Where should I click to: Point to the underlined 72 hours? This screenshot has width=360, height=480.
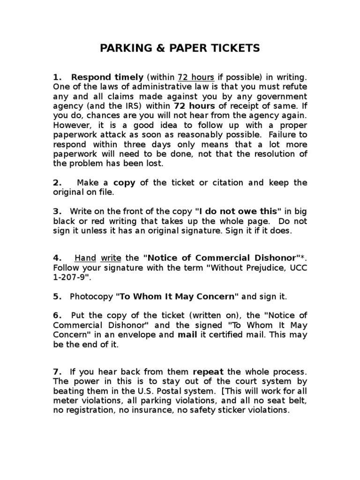click(195, 77)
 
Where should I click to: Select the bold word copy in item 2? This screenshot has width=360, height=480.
click(124, 183)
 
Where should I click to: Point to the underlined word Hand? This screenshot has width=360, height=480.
click(85, 258)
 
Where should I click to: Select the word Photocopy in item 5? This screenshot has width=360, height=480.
click(91, 296)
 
